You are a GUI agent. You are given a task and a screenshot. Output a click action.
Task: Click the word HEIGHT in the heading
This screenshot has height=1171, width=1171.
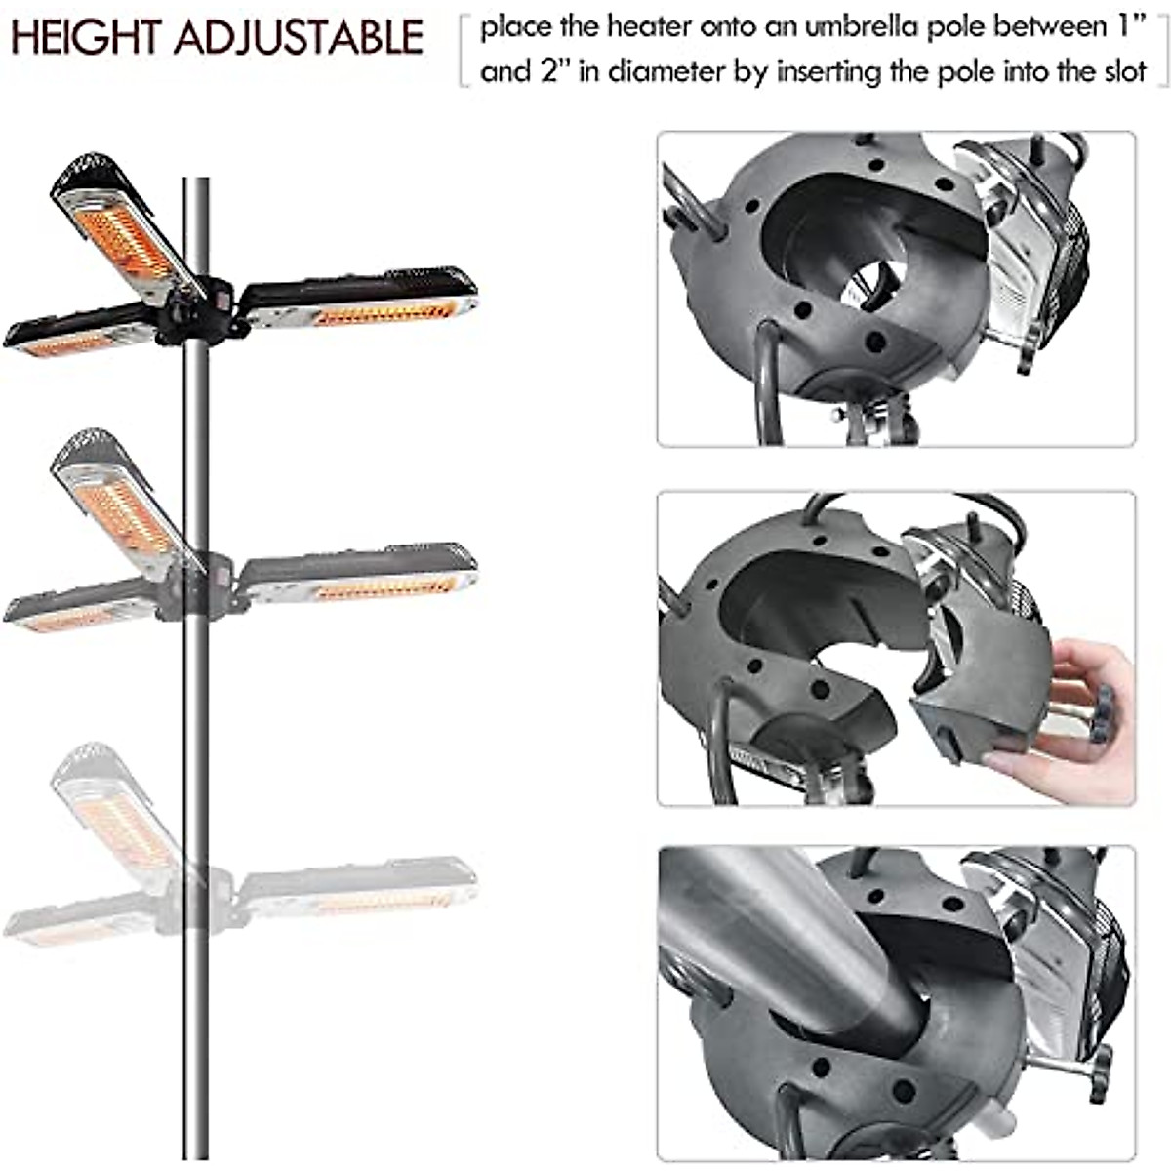(x=86, y=37)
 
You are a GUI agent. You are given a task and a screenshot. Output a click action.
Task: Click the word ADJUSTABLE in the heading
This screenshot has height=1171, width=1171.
(x=300, y=37)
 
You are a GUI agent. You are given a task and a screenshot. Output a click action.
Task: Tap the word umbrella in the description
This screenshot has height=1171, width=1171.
(x=857, y=26)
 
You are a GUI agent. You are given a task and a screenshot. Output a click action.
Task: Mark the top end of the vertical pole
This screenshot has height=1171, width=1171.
(x=196, y=182)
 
